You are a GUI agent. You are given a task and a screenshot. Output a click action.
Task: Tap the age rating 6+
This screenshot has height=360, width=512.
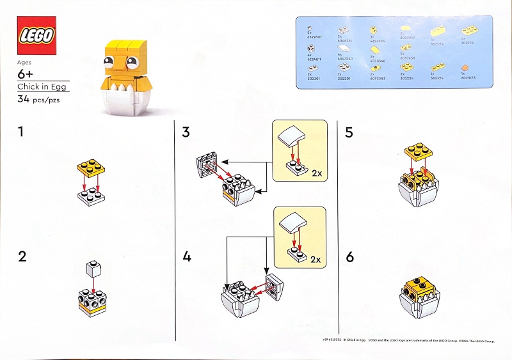(28, 75)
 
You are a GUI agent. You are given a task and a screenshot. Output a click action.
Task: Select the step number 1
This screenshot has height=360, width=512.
(22, 132)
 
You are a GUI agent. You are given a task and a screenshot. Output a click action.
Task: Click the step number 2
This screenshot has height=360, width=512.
(23, 257)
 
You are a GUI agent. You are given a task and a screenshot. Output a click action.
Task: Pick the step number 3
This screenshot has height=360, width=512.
(186, 132)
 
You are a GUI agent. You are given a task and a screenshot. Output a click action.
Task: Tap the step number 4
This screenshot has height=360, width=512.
(187, 257)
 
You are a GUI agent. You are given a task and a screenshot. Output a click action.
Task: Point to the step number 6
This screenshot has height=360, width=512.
(350, 257)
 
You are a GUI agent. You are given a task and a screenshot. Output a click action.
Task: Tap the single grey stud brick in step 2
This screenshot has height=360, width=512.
(93, 270)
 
